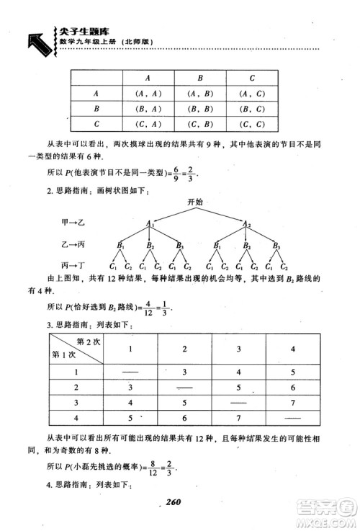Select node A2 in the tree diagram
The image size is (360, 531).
246,224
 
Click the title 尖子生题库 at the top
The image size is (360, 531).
74,32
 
